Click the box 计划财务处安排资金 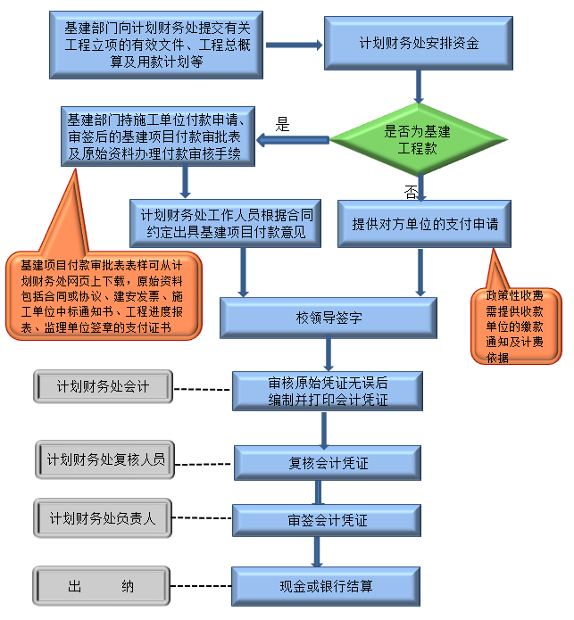tap(418, 42)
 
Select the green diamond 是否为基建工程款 tap(418, 140)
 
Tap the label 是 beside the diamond tap(283, 125)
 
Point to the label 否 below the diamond tap(411, 191)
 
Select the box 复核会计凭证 tap(328, 463)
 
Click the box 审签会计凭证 tap(328, 520)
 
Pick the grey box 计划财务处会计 tap(103, 386)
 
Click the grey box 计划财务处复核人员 tap(105, 460)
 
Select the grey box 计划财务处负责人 tap(103, 517)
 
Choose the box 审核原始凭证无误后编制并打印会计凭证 tap(328, 390)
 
